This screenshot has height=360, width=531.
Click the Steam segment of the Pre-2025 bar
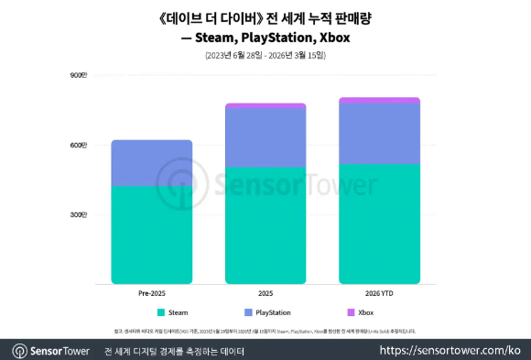[151, 235]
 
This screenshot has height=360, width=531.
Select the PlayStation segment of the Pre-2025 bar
[151, 163]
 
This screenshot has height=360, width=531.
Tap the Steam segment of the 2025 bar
[265, 225]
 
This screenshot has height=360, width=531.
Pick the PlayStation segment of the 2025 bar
[265, 137]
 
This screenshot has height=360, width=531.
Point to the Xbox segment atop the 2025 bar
[265, 106]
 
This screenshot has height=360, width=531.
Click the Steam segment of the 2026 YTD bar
[379, 224]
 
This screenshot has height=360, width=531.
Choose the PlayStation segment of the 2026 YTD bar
[379, 134]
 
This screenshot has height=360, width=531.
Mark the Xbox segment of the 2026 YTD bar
[379, 101]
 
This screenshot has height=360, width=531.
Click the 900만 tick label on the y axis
[78, 75]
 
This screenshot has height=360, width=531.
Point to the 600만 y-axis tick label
[78, 145]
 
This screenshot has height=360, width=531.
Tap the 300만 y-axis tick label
[78, 215]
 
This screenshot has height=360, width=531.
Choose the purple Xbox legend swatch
[351, 312]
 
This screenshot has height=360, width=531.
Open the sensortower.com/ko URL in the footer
[450, 350]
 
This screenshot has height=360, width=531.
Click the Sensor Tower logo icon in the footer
[19, 350]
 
